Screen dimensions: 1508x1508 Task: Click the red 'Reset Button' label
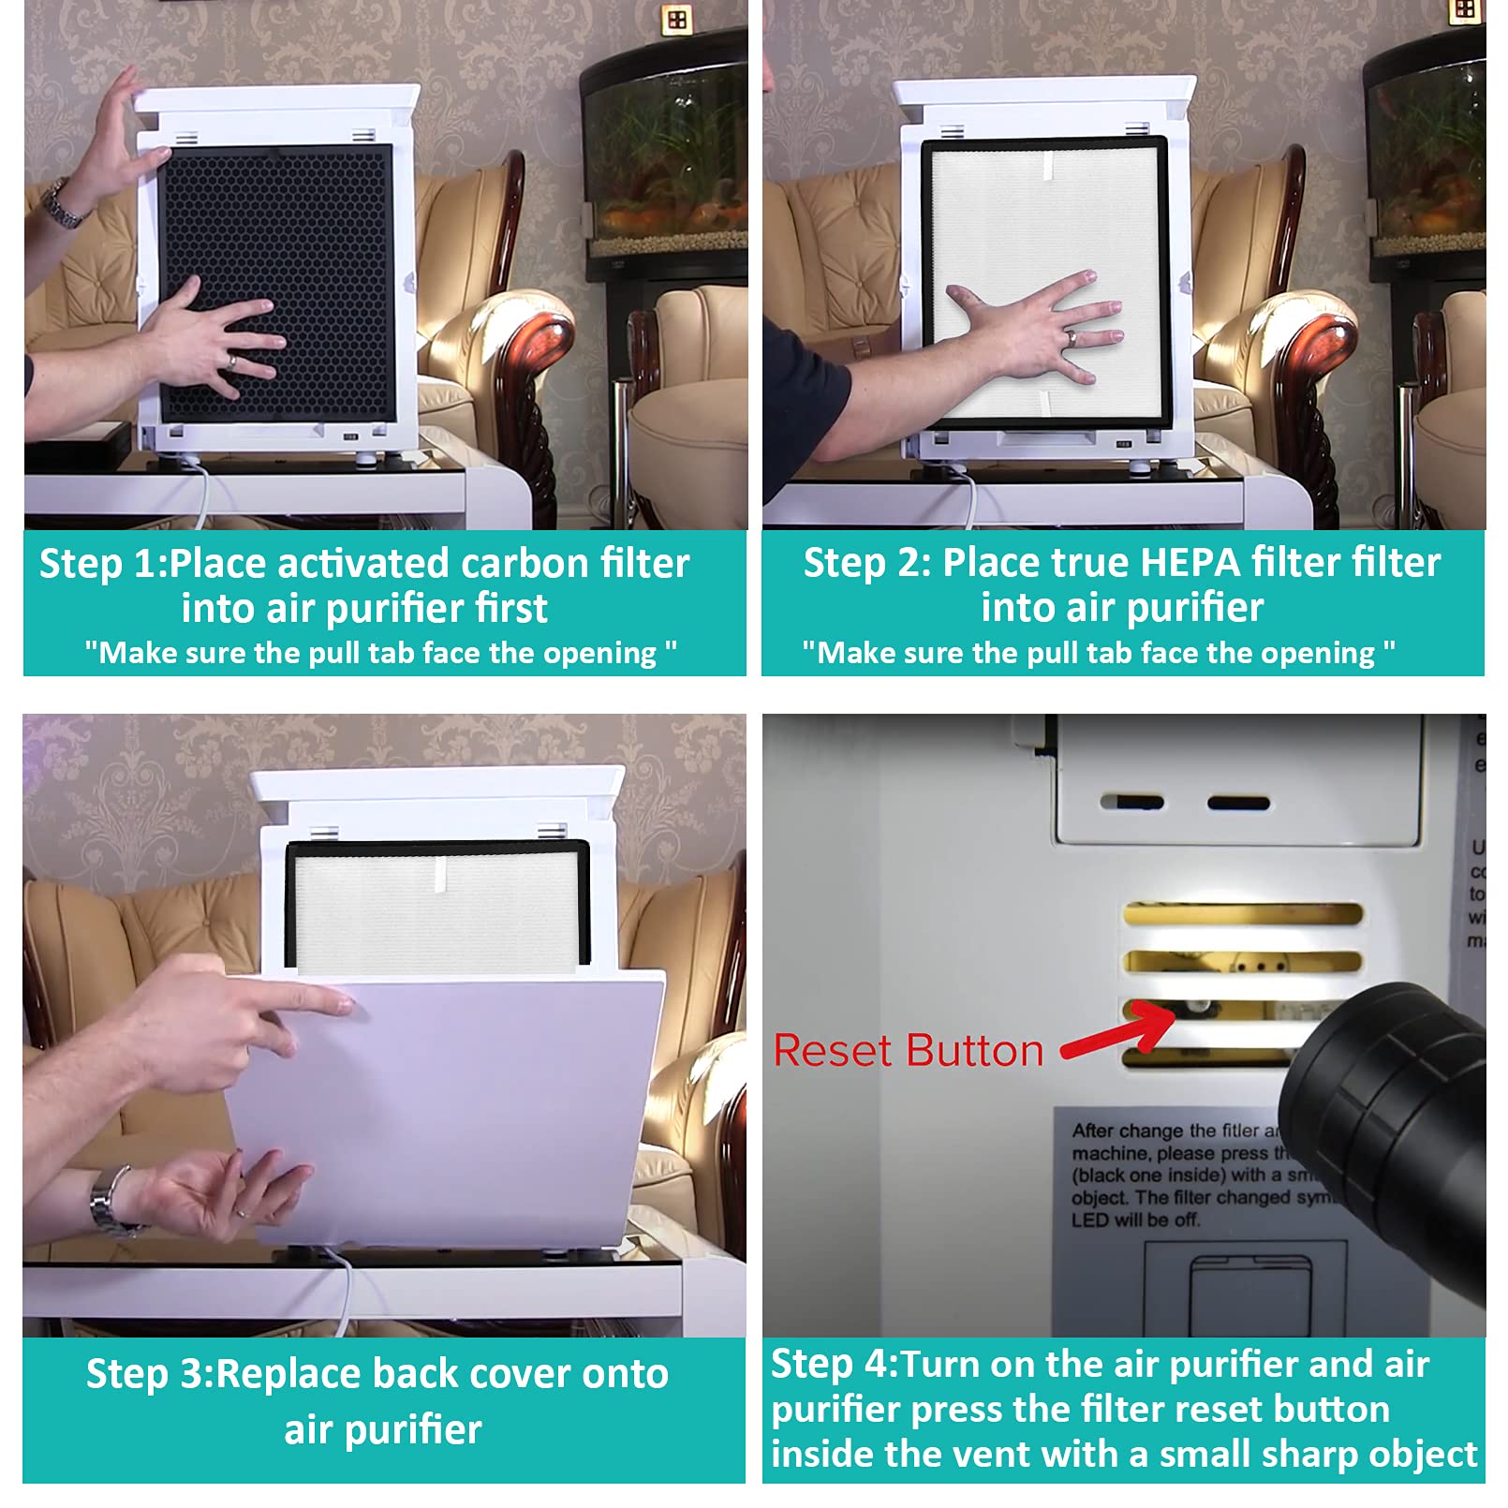click(x=908, y=1051)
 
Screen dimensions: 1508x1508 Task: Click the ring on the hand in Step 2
click(x=1070, y=337)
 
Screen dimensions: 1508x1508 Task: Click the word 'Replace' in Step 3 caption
click(x=288, y=1374)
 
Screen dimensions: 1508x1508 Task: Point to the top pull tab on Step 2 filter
click(x=1049, y=167)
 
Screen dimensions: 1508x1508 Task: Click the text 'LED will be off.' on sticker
click(x=1135, y=1220)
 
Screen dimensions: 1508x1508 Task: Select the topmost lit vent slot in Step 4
click(x=1242, y=913)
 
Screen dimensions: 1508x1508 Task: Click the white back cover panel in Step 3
click(x=468, y=1115)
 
